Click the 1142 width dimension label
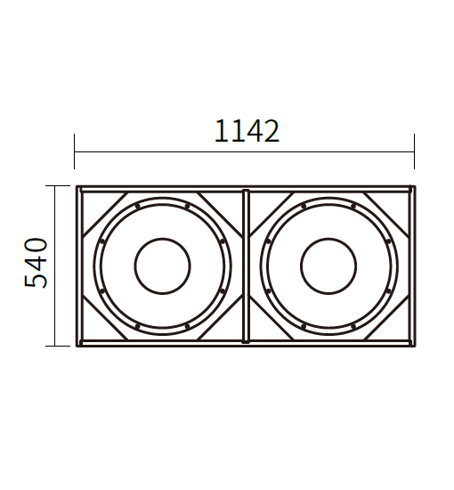pos(247,131)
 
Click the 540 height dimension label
pos(36,263)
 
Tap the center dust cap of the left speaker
pos(162,266)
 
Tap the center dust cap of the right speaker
pos(328,266)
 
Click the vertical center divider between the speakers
pos(246,266)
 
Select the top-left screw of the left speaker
pos(137,207)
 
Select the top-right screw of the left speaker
pos(187,207)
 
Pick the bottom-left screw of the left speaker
pos(137,326)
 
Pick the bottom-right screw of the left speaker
pos(187,326)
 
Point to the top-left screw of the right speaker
pos(304,207)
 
